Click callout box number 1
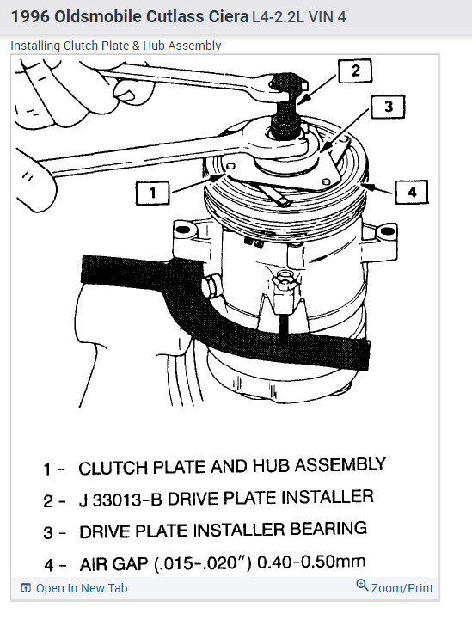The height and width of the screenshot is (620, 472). click(x=152, y=193)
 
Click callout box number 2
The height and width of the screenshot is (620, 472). click(x=354, y=71)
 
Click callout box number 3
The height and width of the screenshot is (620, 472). click(x=388, y=107)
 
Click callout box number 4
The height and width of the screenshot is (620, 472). click(x=412, y=192)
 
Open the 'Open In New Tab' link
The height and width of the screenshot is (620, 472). click(x=81, y=588)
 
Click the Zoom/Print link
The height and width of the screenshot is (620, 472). click(x=402, y=588)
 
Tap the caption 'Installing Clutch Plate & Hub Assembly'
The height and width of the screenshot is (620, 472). click(x=115, y=46)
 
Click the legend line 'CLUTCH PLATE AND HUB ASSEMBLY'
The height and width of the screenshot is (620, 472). click(x=231, y=467)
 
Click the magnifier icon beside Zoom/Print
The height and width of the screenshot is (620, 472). click(x=362, y=586)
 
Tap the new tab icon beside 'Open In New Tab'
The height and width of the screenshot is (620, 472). click(x=26, y=588)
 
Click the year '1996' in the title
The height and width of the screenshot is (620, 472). click(x=30, y=16)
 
